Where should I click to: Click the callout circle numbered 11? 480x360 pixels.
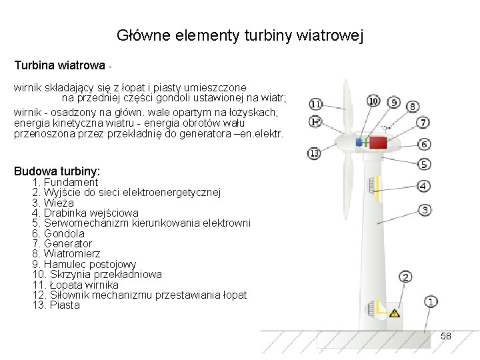[315, 104]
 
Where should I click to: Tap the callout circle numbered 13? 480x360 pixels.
[315, 153]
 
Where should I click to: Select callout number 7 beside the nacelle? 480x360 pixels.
[424, 123]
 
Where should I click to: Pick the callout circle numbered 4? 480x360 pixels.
[424, 185]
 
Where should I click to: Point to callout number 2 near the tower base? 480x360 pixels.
[405, 277]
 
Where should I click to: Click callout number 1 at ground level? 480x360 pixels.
[431, 302]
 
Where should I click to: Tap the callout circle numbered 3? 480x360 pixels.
[424, 210]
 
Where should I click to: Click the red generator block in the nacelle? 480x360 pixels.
[378, 142]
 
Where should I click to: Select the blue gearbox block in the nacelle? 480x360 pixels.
[360, 142]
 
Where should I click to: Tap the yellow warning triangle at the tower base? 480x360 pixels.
[395, 312]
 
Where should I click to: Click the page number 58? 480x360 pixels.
[446, 337]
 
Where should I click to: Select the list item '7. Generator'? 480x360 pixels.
[62, 244]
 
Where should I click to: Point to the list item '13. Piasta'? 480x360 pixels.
[56, 305]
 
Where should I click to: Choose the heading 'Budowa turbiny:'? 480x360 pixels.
[57, 171]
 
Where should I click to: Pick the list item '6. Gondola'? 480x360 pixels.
[59, 233]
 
